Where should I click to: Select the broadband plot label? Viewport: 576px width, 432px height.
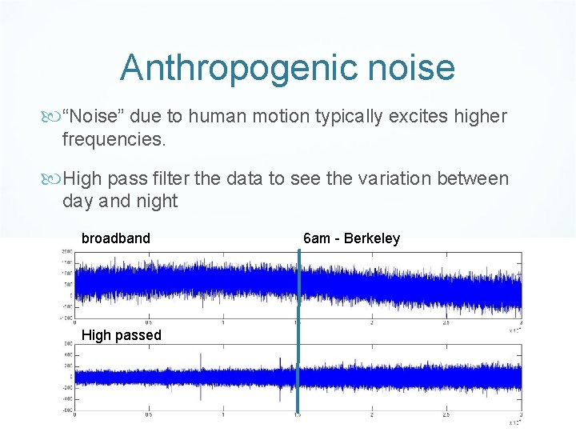coord(115,238)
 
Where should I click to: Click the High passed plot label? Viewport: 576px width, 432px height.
coord(121,335)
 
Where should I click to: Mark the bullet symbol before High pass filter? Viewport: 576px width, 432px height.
coord(54,178)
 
